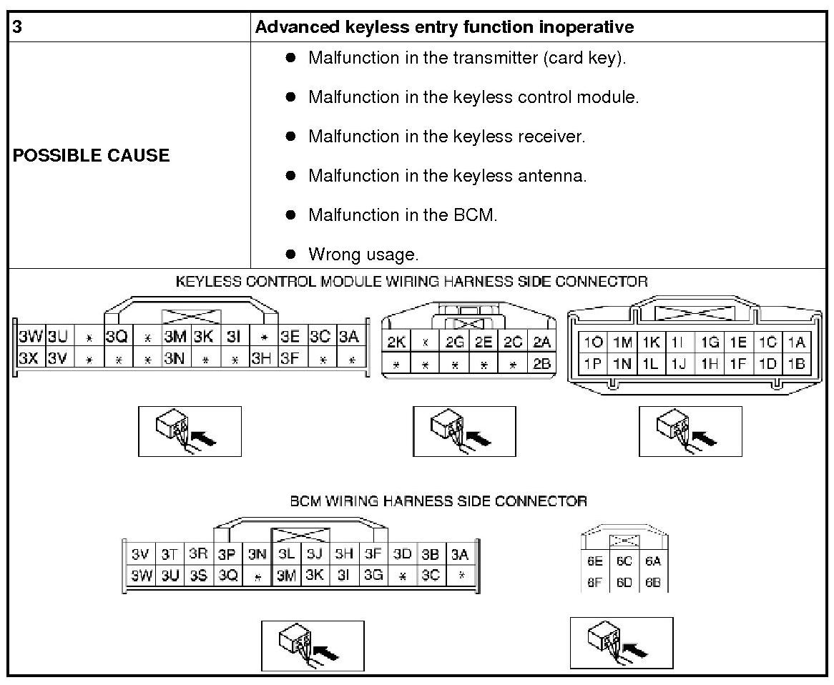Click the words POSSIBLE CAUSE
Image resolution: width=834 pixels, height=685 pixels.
(x=91, y=155)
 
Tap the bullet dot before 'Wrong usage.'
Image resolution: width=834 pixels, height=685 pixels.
(x=290, y=253)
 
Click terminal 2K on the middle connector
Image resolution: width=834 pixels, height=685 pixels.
(x=396, y=342)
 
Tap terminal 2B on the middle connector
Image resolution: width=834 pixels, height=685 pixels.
(x=541, y=364)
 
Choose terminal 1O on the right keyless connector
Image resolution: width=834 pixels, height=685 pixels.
(x=592, y=342)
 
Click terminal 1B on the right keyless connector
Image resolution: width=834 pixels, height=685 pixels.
(x=796, y=364)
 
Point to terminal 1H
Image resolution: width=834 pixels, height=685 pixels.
(x=709, y=364)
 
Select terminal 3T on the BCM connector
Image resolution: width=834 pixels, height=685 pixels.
(x=169, y=554)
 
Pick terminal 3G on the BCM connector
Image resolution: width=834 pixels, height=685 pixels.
(x=373, y=575)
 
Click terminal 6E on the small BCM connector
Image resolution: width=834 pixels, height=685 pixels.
(x=595, y=562)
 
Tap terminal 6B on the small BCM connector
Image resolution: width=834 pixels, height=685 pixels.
(x=653, y=583)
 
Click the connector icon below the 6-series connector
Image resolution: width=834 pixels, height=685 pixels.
(x=621, y=642)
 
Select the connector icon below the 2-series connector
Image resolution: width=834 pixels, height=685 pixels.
(x=464, y=430)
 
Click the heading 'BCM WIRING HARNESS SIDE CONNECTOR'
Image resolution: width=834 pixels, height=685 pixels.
(x=438, y=501)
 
